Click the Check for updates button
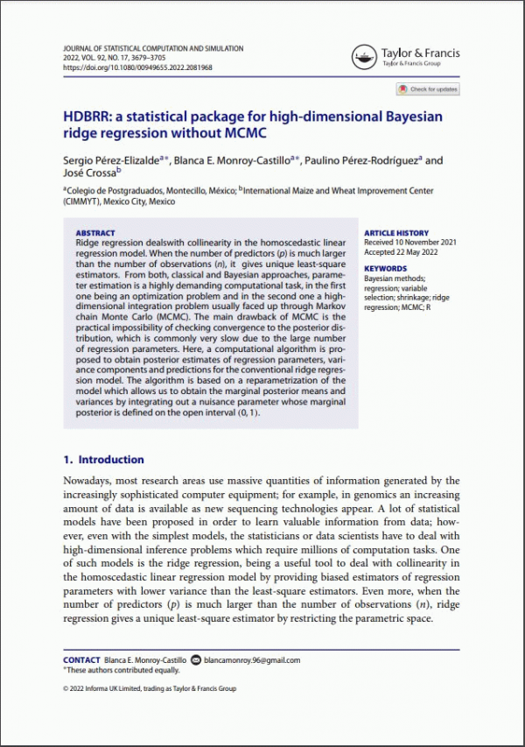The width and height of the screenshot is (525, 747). [428, 89]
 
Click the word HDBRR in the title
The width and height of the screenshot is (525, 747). [92, 117]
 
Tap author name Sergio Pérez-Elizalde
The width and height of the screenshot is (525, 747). [111, 160]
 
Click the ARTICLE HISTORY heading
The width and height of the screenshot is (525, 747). [395, 233]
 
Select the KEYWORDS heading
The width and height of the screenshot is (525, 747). [385, 269]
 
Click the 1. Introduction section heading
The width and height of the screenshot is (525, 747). [103, 459]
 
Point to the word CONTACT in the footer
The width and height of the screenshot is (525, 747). [81, 660]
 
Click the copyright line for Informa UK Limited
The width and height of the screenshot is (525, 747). [150, 688]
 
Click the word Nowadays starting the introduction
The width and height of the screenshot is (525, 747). [92, 481]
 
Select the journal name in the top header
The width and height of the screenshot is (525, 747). [153, 49]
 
